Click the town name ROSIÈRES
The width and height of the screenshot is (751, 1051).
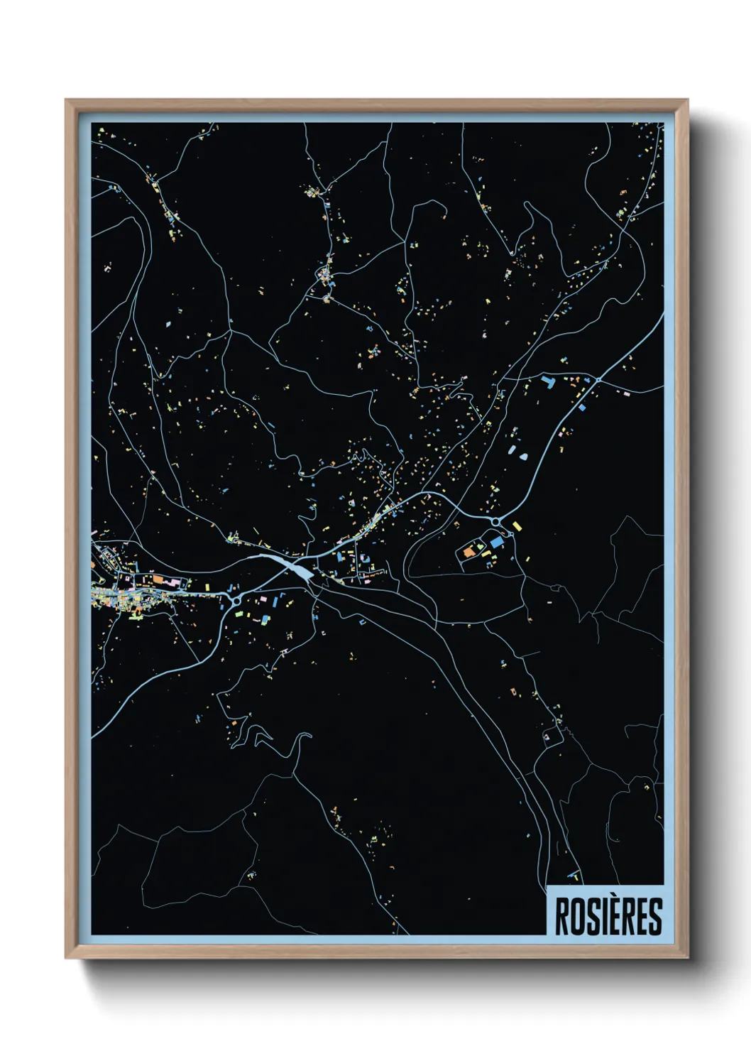608,916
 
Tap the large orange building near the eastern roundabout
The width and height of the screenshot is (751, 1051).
469,550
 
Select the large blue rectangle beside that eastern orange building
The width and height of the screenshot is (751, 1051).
495,542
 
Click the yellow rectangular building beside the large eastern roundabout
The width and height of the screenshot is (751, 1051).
517,526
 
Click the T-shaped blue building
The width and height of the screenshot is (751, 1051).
548,382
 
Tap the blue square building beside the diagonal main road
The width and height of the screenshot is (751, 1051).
581,408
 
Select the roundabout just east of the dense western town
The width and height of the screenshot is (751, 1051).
235,601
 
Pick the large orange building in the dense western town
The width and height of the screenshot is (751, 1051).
158,580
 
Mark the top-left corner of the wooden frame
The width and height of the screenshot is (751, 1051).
66,100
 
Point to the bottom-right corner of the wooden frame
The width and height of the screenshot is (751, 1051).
688,958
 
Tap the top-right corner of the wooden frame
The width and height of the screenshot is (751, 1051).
688,100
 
